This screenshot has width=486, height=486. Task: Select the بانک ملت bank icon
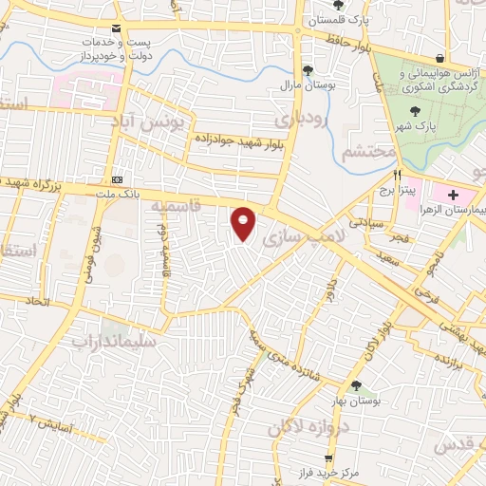coord(117,178)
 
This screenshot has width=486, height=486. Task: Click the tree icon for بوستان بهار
coord(357,385)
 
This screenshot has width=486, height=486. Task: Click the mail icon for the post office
coord(116,28)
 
